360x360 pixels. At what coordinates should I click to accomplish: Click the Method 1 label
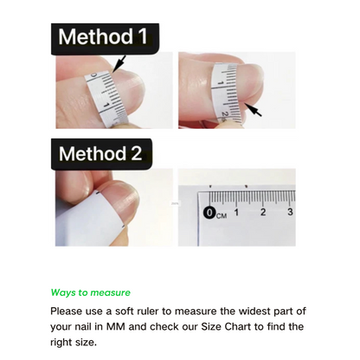105,39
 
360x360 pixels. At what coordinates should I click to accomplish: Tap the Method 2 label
101,154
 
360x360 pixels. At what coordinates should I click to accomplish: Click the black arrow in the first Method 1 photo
119,63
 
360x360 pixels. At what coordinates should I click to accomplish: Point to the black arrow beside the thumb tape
253,110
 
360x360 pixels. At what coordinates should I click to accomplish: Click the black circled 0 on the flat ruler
210,213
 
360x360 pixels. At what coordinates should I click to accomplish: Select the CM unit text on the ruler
222,215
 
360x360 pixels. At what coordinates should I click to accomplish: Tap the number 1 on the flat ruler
236,212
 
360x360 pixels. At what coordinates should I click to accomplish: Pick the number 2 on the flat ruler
263,212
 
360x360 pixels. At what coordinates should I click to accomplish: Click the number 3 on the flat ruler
290,212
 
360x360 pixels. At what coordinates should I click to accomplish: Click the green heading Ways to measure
91,292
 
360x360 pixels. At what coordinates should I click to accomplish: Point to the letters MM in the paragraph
116,326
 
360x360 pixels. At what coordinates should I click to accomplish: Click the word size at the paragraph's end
86,343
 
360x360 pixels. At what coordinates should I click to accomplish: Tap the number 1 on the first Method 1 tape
106,106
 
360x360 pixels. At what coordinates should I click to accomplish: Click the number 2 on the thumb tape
225,114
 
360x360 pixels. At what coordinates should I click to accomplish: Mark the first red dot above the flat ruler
210,186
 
